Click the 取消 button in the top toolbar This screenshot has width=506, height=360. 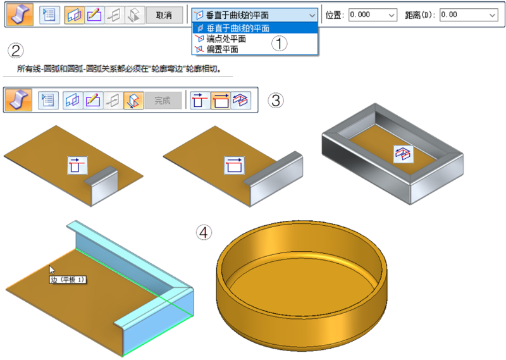click(164, 15)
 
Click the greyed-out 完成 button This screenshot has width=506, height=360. click(163, 101)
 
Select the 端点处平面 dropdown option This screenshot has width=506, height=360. click(226, 39)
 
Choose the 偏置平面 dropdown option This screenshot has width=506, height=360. click(222, 49)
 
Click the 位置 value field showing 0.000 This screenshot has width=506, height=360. click(373, 15)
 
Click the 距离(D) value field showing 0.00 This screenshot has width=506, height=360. click(469, 15)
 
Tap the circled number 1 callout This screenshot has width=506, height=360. click(279, 43)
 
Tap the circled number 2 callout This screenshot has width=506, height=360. click(15, 51)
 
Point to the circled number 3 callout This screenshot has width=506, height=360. click(276, 100)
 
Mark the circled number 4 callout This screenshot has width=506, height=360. click(204, 232)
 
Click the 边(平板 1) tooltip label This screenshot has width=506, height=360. click(68, 280)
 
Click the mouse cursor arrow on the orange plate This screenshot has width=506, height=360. click(52, 270)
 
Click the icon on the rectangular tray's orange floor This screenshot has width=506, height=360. click(404, 154)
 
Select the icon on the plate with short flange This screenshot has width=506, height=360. click(77, 165)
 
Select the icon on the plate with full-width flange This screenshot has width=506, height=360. click(234, 165)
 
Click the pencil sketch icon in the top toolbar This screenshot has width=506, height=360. click(94, 15)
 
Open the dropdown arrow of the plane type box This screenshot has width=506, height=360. click(312, 15)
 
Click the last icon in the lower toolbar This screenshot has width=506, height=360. click(241, 100)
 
